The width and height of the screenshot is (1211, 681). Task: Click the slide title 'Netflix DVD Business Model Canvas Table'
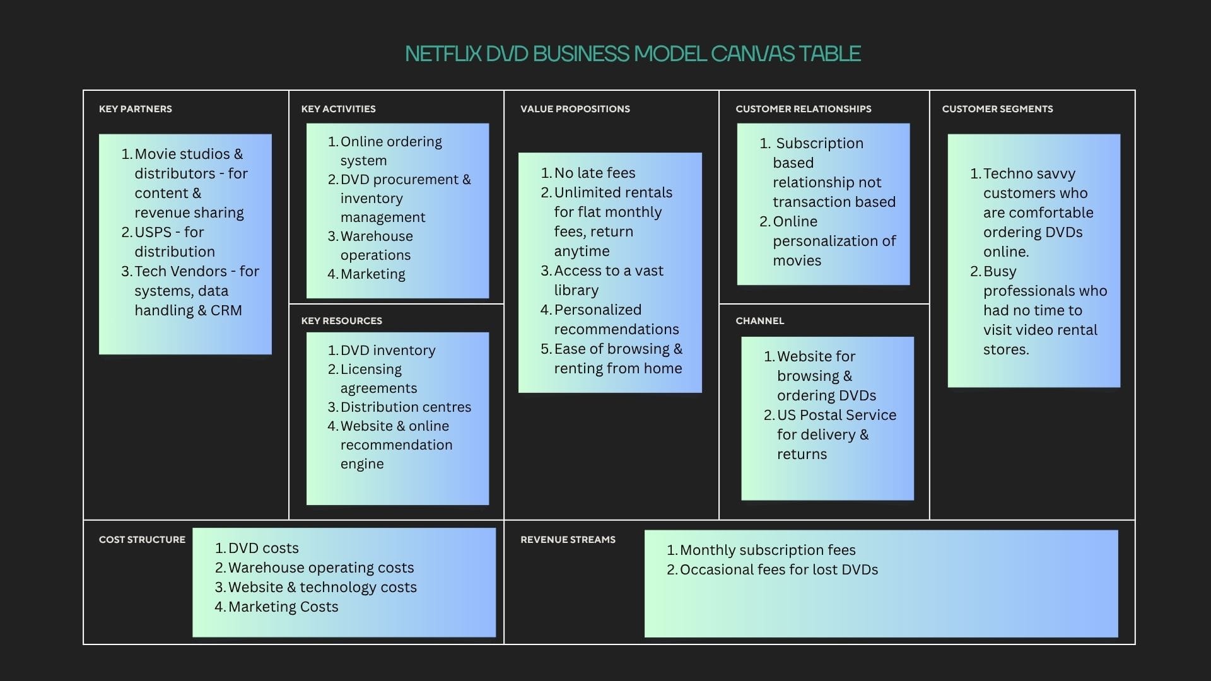click(633, 54)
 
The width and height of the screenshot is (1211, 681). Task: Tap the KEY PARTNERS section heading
click(135, 109)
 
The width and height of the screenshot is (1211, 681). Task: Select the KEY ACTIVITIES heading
click(338, 109)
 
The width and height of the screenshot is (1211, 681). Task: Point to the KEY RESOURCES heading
click(341, 321)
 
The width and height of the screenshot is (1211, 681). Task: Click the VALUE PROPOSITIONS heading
click(575, 109)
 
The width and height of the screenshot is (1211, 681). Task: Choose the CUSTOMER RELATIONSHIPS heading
click(803, 109)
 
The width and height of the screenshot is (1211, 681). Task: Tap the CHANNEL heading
click(759, 321)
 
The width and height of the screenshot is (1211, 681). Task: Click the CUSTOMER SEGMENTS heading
click(997, 109)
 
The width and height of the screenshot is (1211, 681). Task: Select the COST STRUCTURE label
click(142, 540)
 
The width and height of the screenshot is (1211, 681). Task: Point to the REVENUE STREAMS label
click(568, 540)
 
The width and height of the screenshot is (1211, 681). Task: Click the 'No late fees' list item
click(594, 173)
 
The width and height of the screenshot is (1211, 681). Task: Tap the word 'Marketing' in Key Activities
click(373, 274)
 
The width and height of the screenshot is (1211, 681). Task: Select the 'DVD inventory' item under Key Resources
click(387, 351)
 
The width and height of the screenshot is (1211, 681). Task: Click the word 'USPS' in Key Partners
click(153, 232)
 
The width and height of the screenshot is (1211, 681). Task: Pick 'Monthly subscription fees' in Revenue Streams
click(767, 550)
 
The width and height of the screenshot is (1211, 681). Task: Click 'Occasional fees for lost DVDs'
click(778, 570)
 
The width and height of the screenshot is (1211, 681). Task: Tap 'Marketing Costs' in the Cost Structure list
click(283, 607)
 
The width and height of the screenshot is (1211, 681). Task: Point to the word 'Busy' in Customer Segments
click(1000, 272)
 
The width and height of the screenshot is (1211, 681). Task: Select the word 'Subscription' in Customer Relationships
click(819, 144)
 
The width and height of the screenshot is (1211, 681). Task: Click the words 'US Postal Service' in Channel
click(836, 416)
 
